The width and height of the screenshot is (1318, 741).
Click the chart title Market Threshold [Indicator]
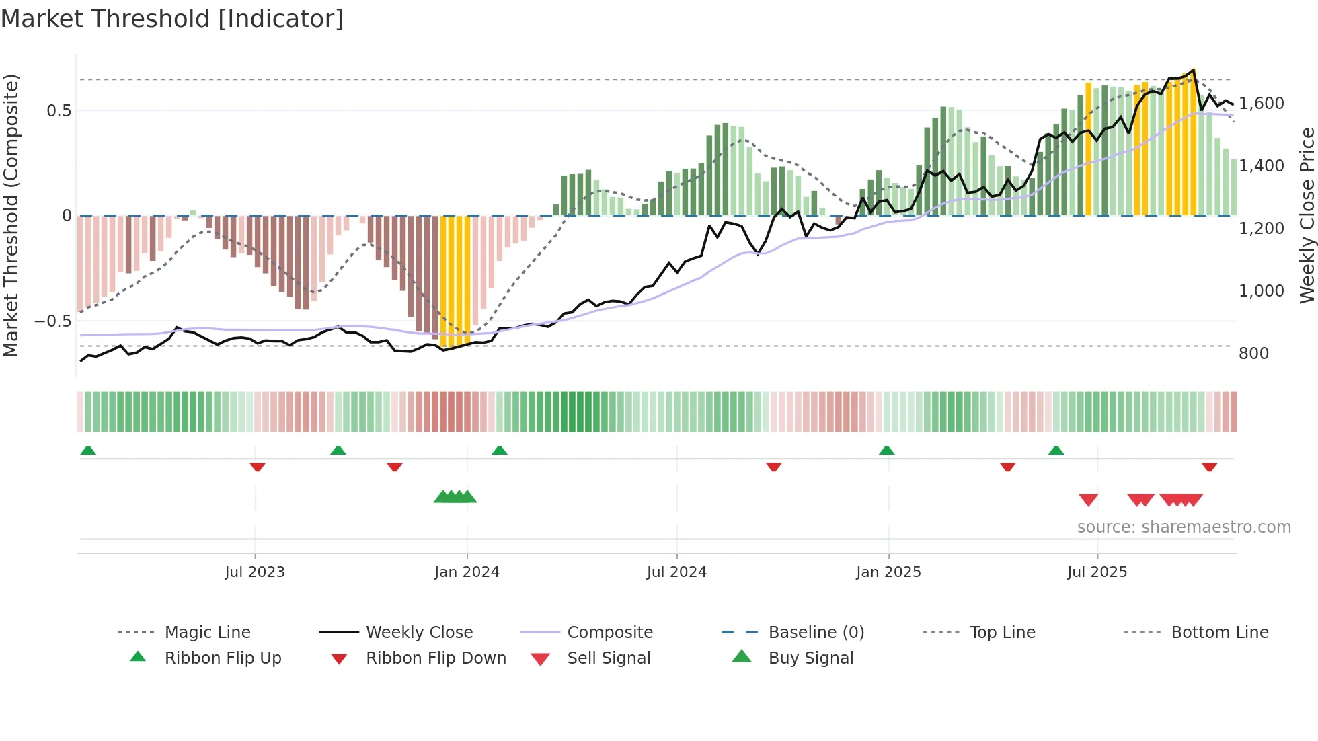172,19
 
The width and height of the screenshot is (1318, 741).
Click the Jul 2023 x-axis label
255,572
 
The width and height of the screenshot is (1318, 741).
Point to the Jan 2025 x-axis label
888,572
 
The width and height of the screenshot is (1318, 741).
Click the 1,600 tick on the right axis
1261,104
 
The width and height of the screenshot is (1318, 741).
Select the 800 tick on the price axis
1253,354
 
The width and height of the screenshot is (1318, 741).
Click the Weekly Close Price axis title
1307,215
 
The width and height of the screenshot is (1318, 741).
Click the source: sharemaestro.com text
1184,527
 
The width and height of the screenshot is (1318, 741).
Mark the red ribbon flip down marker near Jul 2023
258,467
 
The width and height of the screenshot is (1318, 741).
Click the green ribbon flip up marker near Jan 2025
886,451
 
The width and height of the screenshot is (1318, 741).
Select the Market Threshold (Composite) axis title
11,215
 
